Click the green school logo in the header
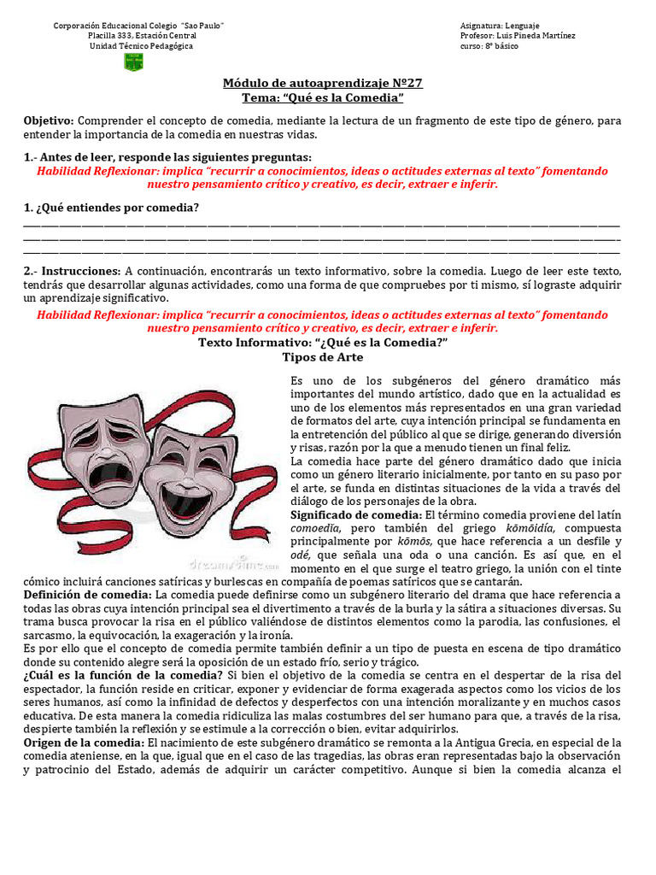pos(134,62)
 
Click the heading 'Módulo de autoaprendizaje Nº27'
pos(323,83)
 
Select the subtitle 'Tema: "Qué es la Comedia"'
pos(323,98)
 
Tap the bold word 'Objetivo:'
pos(49,120)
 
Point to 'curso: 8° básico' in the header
pos(489,46)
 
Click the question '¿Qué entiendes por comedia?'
pos(111,208)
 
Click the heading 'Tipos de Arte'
pos(323,356)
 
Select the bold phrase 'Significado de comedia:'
pos(356,514)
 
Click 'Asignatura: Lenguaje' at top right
pos(499,26)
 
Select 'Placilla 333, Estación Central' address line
pos(142,36)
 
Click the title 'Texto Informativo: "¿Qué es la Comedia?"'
pos(323,342)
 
